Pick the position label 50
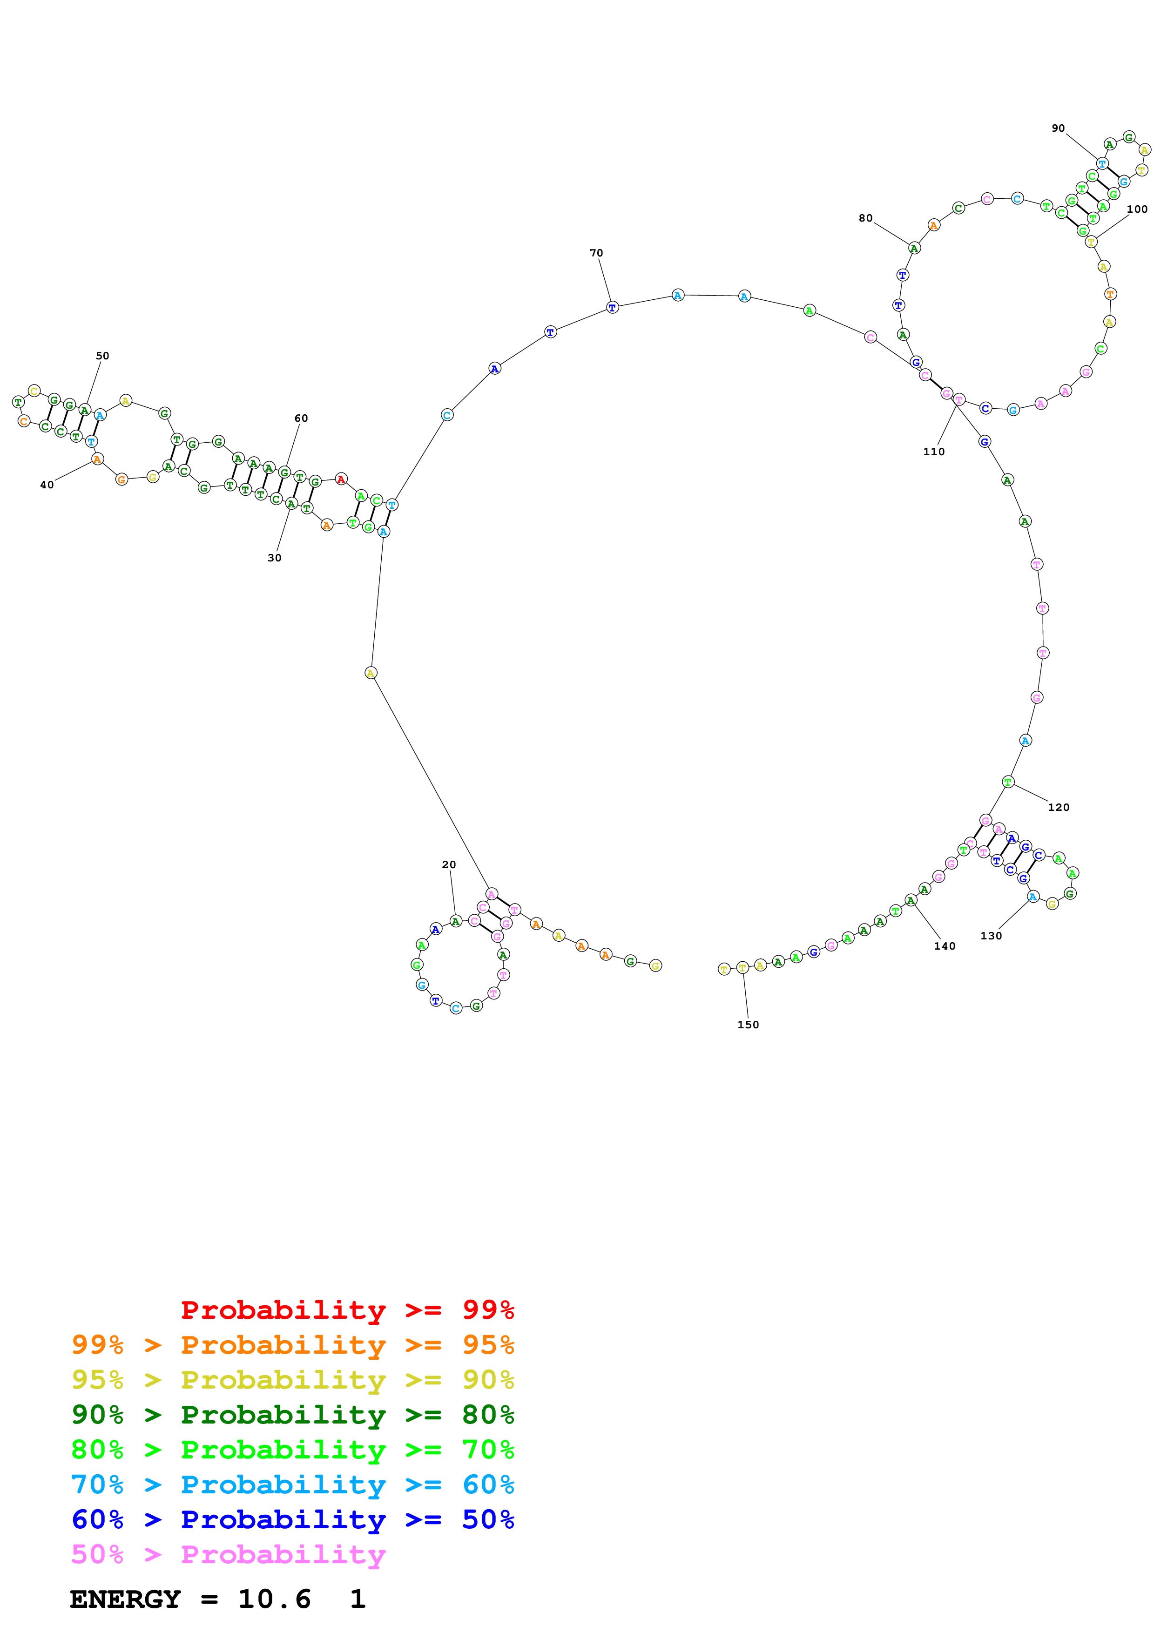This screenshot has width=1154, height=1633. [x=102, y=356]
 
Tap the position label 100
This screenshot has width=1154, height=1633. [x=1136, y=209]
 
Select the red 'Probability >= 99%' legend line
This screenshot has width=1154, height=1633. [x=347, y=1309]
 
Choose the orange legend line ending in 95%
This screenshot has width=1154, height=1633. [x=292, y=1344]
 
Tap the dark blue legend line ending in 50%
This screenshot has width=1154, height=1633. [x=292, y=1519]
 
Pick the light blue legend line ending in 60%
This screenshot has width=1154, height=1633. [x=292, y=1485]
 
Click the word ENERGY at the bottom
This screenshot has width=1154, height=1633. [x=125, y=1599]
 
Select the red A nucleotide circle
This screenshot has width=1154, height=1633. [x=341, y=479]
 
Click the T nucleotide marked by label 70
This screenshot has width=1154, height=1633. [x=612, y=307]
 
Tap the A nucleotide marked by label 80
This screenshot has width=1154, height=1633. [x=914, y=248]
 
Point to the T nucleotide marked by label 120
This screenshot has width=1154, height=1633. [x=1007, y=782]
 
